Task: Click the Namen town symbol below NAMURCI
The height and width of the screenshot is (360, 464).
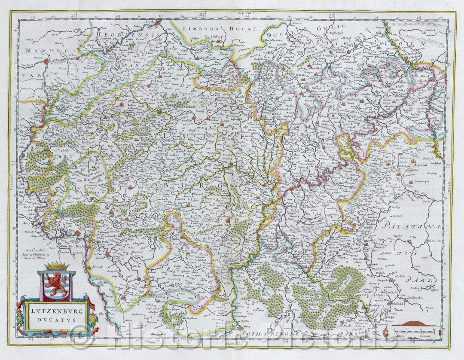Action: tap(46, 63)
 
